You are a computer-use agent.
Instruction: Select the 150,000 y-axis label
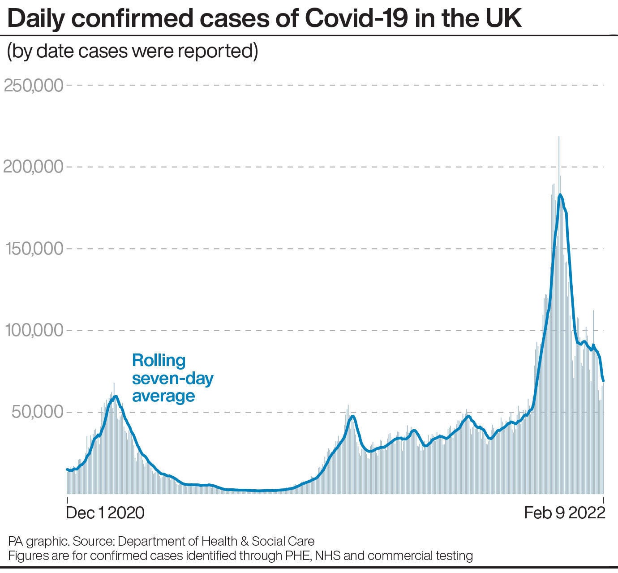(x=34, y=249)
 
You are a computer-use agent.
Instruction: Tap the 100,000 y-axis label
(x=34, y=331)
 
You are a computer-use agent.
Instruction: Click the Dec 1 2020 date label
(x=105, y=513)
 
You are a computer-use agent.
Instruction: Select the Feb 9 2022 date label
(x=565, y=513)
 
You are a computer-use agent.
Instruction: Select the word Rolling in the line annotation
(x=159, y=361)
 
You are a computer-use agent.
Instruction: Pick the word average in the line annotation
(x=163, y=396)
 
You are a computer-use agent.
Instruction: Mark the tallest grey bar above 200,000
(x=558, y=139)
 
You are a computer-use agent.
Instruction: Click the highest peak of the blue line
(x=560, y=194)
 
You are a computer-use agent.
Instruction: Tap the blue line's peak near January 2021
(x=116, y=396)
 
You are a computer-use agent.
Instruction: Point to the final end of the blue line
(x=603, y=381)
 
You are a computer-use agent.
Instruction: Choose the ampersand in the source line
(x=245, y=541)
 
